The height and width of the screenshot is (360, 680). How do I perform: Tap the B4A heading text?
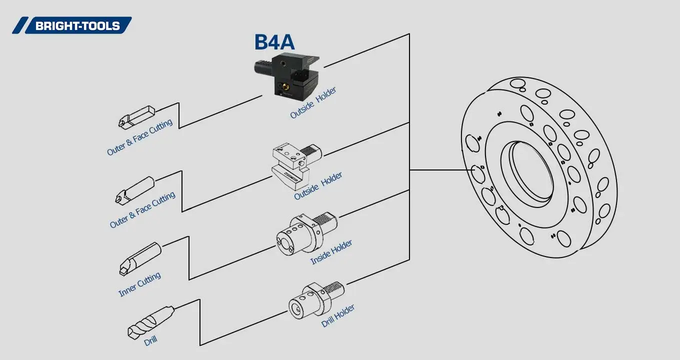coord(274,42)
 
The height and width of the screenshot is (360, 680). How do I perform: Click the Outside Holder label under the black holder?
coord(313,103)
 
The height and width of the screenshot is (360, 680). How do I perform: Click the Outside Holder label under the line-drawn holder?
coord(318,186)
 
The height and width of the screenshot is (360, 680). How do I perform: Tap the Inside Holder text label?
coord(331,252)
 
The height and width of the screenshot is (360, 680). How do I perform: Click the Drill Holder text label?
coord(338,315)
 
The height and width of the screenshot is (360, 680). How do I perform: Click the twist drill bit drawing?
coord(150,322)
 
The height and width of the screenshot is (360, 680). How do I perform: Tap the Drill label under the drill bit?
coord(150,341)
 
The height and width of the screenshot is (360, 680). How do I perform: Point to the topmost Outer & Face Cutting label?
coord(139,137)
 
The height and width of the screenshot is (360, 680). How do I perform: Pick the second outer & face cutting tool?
coord(135,189)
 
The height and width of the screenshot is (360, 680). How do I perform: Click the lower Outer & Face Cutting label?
coord(142,210)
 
